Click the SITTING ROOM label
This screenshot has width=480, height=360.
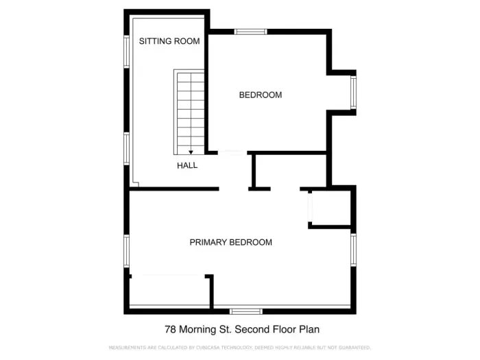point(169,41)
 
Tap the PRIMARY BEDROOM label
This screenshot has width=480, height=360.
point(230,242)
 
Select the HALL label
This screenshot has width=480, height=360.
point(187,165)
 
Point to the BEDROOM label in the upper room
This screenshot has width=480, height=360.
point(260,95)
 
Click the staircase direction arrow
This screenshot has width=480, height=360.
point(191,152)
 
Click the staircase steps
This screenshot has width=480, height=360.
point(190,110)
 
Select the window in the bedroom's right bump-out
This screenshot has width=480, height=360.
point(353,93)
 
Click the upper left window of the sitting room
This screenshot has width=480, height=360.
point(126,51)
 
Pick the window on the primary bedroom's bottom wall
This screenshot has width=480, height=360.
point(245,311)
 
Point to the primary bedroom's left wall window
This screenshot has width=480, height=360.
point(126,251)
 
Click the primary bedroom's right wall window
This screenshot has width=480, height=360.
point(353,250)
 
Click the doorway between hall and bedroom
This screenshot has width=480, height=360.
point(233,152)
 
